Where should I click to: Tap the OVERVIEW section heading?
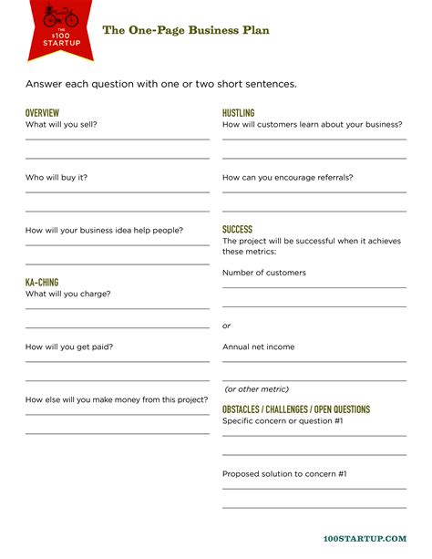tap(42, 112)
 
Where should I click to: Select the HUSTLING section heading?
tap(238, 112)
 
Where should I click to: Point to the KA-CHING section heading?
tap(42, 283)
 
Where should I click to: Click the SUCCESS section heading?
tap(237, 230)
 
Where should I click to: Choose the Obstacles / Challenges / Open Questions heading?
tap(296, 409)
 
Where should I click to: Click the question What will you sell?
tap(62, 124)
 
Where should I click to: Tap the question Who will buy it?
tap(57, 177)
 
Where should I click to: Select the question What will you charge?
tap(68, 294)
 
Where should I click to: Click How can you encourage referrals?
tap(288, 177)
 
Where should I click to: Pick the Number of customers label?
tap(264, 273)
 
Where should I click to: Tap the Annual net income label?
tap(259, 347)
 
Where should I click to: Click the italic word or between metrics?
tap(227, 326)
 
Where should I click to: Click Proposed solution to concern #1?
tap(284, 473)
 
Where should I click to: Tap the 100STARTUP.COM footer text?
tap(365, 539)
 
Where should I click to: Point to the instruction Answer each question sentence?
tap(161, 84)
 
